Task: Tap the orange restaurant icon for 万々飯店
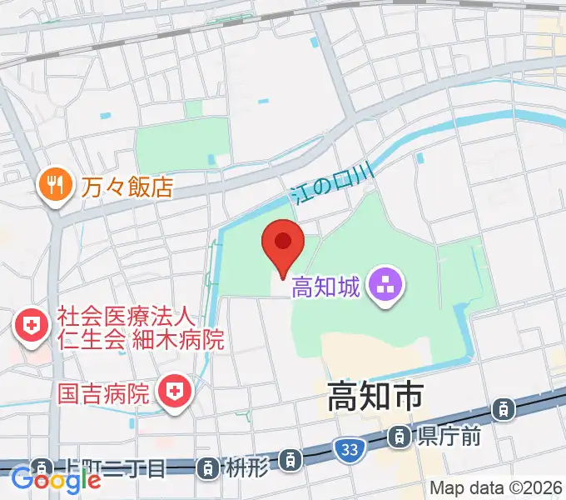[x=56, y=184]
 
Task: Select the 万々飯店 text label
[x=127, y=185]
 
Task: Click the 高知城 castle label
[x=325, y=288]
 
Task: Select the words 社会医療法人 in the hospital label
[x=126, y=317]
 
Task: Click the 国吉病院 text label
[x=103, y=391]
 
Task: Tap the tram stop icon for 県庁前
[x=400, y=434]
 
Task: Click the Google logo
[x=56, y=480]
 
